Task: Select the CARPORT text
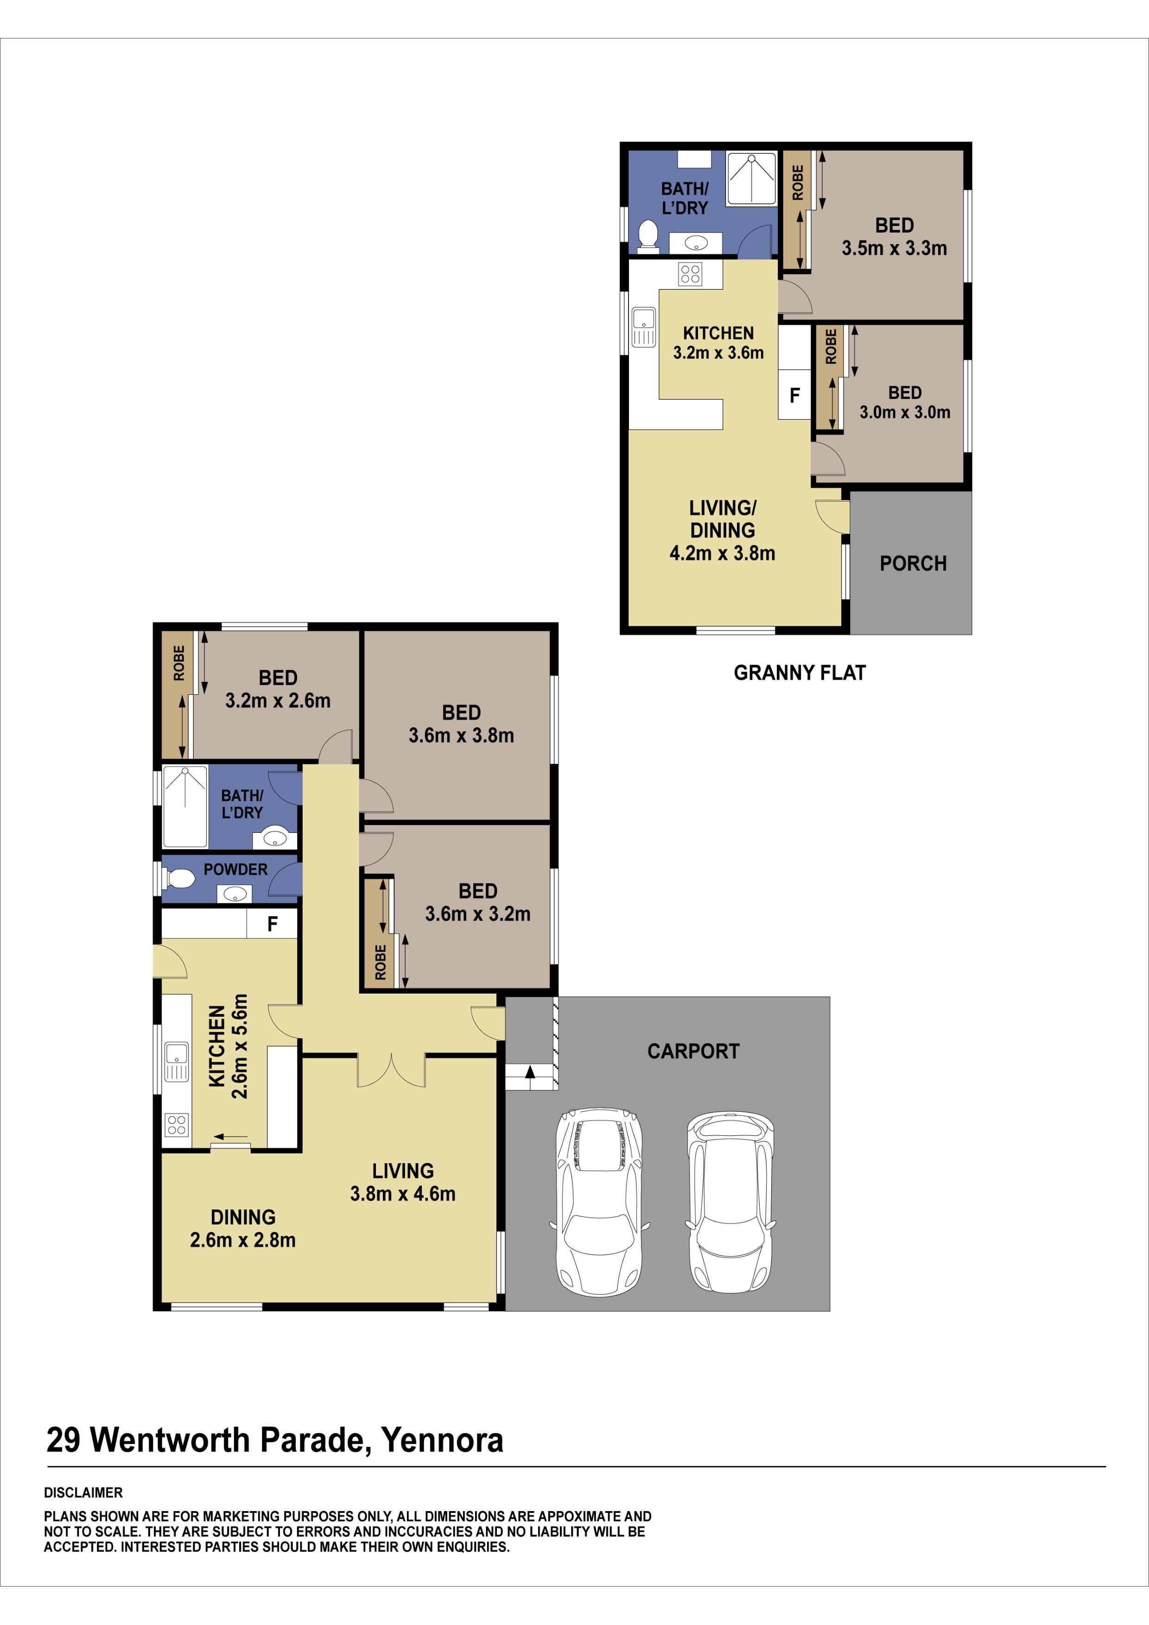pyautogui.click(x=693, y=1051)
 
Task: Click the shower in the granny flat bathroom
pyautogui.click(x=751, y=180)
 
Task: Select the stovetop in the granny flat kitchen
pyautogui.click(x=690, y=273)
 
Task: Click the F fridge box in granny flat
pyautogui.click(x=794, y=396)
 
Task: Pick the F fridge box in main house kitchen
pyautogui.click(x=272, y=924)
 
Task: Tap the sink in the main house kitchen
pyautogui.click(x=176, y=1061)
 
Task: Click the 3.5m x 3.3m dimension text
pyautogui.click(x=894, y=248)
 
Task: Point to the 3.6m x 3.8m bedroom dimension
pyautogui.click(x=461, y=735)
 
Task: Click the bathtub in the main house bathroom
pyautogui.click(x=185, y=807)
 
